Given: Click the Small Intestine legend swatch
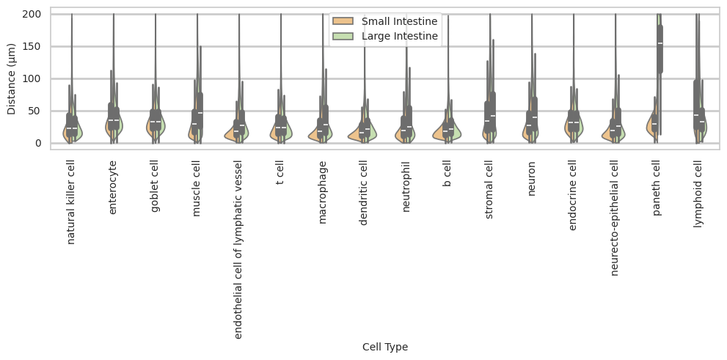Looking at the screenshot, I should pos(344,21).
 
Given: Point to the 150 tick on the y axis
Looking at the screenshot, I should pos(36,46).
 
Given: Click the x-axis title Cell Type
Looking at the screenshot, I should pos(385,347).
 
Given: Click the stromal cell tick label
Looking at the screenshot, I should pos(489,193).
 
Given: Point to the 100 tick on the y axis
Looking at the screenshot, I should pos(36,78).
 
